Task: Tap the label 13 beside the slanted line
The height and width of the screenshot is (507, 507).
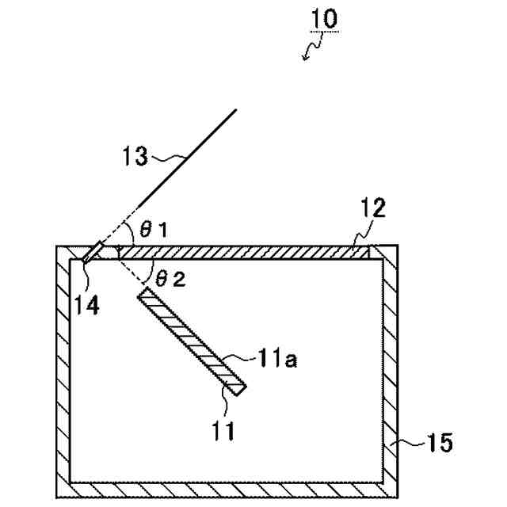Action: [135, 155]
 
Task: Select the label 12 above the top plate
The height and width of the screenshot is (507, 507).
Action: [373, 208]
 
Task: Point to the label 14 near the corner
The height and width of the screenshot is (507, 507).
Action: [87, 305]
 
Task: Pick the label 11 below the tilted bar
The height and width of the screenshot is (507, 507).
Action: [225, 433]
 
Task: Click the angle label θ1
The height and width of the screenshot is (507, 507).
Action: [154, 230]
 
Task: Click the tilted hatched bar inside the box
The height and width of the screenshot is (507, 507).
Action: [193, 340]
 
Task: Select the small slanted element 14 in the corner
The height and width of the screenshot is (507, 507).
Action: [91, 251]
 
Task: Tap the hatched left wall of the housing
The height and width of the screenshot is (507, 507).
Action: [63, 372]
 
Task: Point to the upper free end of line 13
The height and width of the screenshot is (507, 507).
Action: [236, 109]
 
